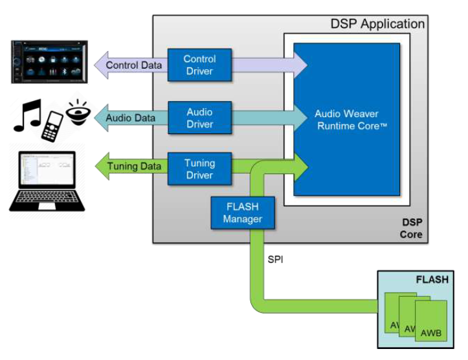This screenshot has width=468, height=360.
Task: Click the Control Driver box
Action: pos(199,65)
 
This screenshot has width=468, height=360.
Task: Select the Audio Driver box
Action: pos(199,118)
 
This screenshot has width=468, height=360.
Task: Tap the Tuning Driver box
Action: pos(199,170)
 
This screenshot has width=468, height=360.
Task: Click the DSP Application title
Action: pos(377,24)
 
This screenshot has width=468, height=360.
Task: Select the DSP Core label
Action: pos(411,228)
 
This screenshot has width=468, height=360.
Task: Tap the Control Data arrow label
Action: pos(135,65)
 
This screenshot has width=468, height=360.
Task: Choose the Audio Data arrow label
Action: pos(131,118)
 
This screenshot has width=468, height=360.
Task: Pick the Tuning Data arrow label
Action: pos(134,166)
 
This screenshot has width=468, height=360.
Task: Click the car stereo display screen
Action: pos(49,62)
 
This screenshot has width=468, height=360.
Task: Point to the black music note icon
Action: pos(27,115)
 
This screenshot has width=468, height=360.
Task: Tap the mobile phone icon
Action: pos(52,126)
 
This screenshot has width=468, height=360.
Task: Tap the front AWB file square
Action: pos(431,324)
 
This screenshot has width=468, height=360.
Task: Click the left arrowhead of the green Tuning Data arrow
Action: pos(101,166)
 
